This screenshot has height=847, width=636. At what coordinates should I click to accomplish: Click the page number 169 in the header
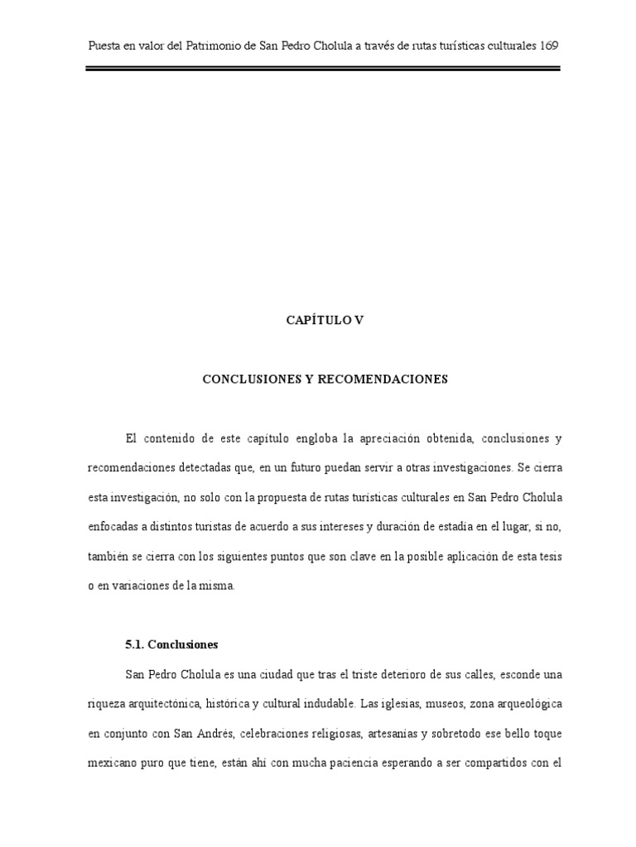[547, 45]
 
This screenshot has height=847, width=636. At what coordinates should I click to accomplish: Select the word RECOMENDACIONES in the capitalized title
[384, 379]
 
